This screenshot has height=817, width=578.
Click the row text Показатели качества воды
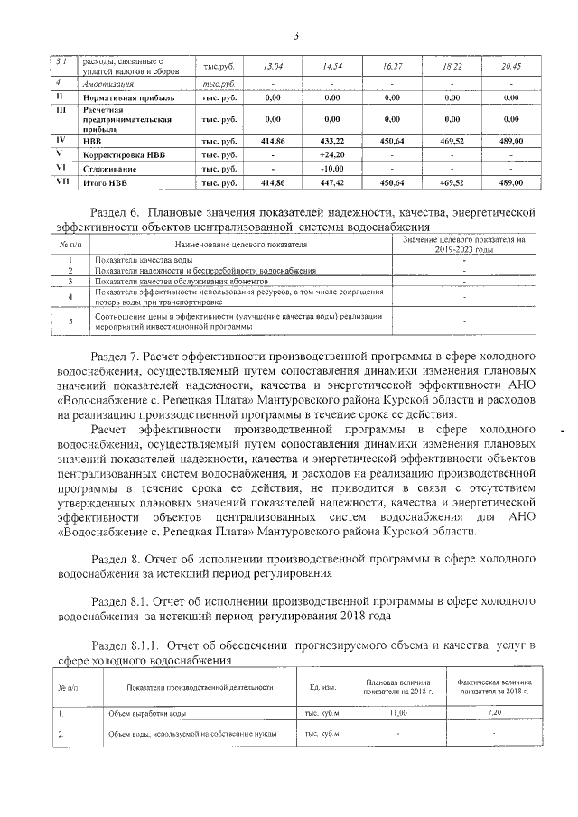[x=143, y=260]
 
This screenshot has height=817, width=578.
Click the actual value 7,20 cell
[x=494, y=713]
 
